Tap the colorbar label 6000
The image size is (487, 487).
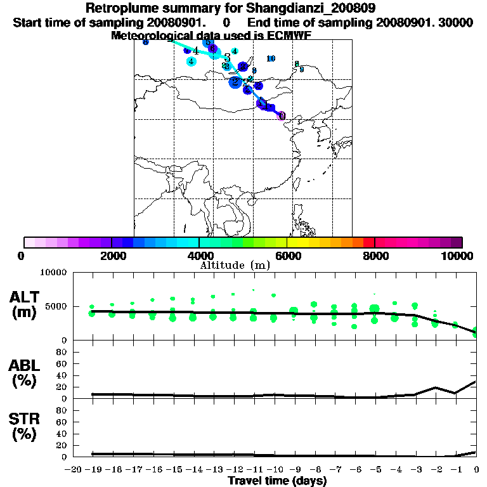[x=287, y=256]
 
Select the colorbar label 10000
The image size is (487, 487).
[x=456, y=256]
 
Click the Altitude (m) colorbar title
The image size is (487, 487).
[x=235, y=265]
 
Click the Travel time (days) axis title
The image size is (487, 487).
[x=277, y=481]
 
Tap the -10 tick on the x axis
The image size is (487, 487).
[x=275, y=469]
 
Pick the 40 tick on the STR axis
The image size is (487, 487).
[x=62, y=434]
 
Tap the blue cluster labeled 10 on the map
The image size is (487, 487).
[x=271, y=58]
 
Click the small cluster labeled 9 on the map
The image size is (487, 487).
[x=301, y=69]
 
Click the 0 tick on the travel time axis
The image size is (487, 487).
[x=476, y=469]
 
